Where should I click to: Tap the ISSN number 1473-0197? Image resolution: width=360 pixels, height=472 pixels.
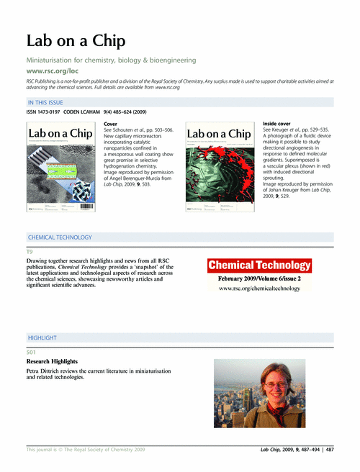(x=56, y=112)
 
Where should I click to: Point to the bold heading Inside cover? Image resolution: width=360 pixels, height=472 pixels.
(x=278, y=124)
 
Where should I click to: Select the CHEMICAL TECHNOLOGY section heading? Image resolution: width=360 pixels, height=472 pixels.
(x=60, y=237)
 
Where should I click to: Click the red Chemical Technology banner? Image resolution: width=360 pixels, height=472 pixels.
(x=260, y=265)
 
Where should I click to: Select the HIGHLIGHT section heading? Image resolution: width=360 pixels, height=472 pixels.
(x=42, y=337)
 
